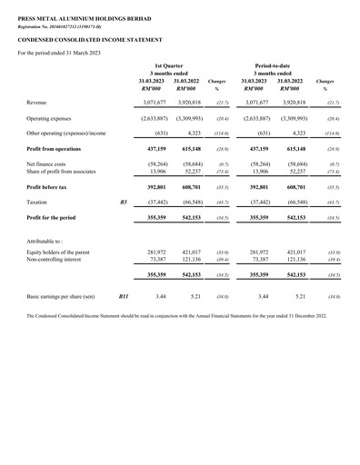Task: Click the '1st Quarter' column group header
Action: click(169, 67)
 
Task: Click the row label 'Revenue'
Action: click(39, 104)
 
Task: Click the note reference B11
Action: click(125, 297)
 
